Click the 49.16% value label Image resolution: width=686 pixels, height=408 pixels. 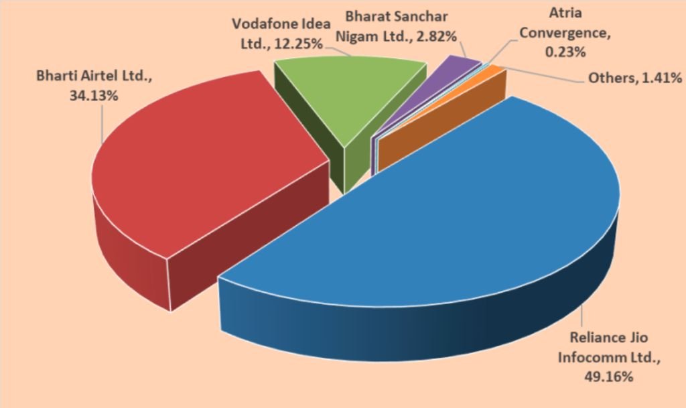[x=607, y=377]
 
